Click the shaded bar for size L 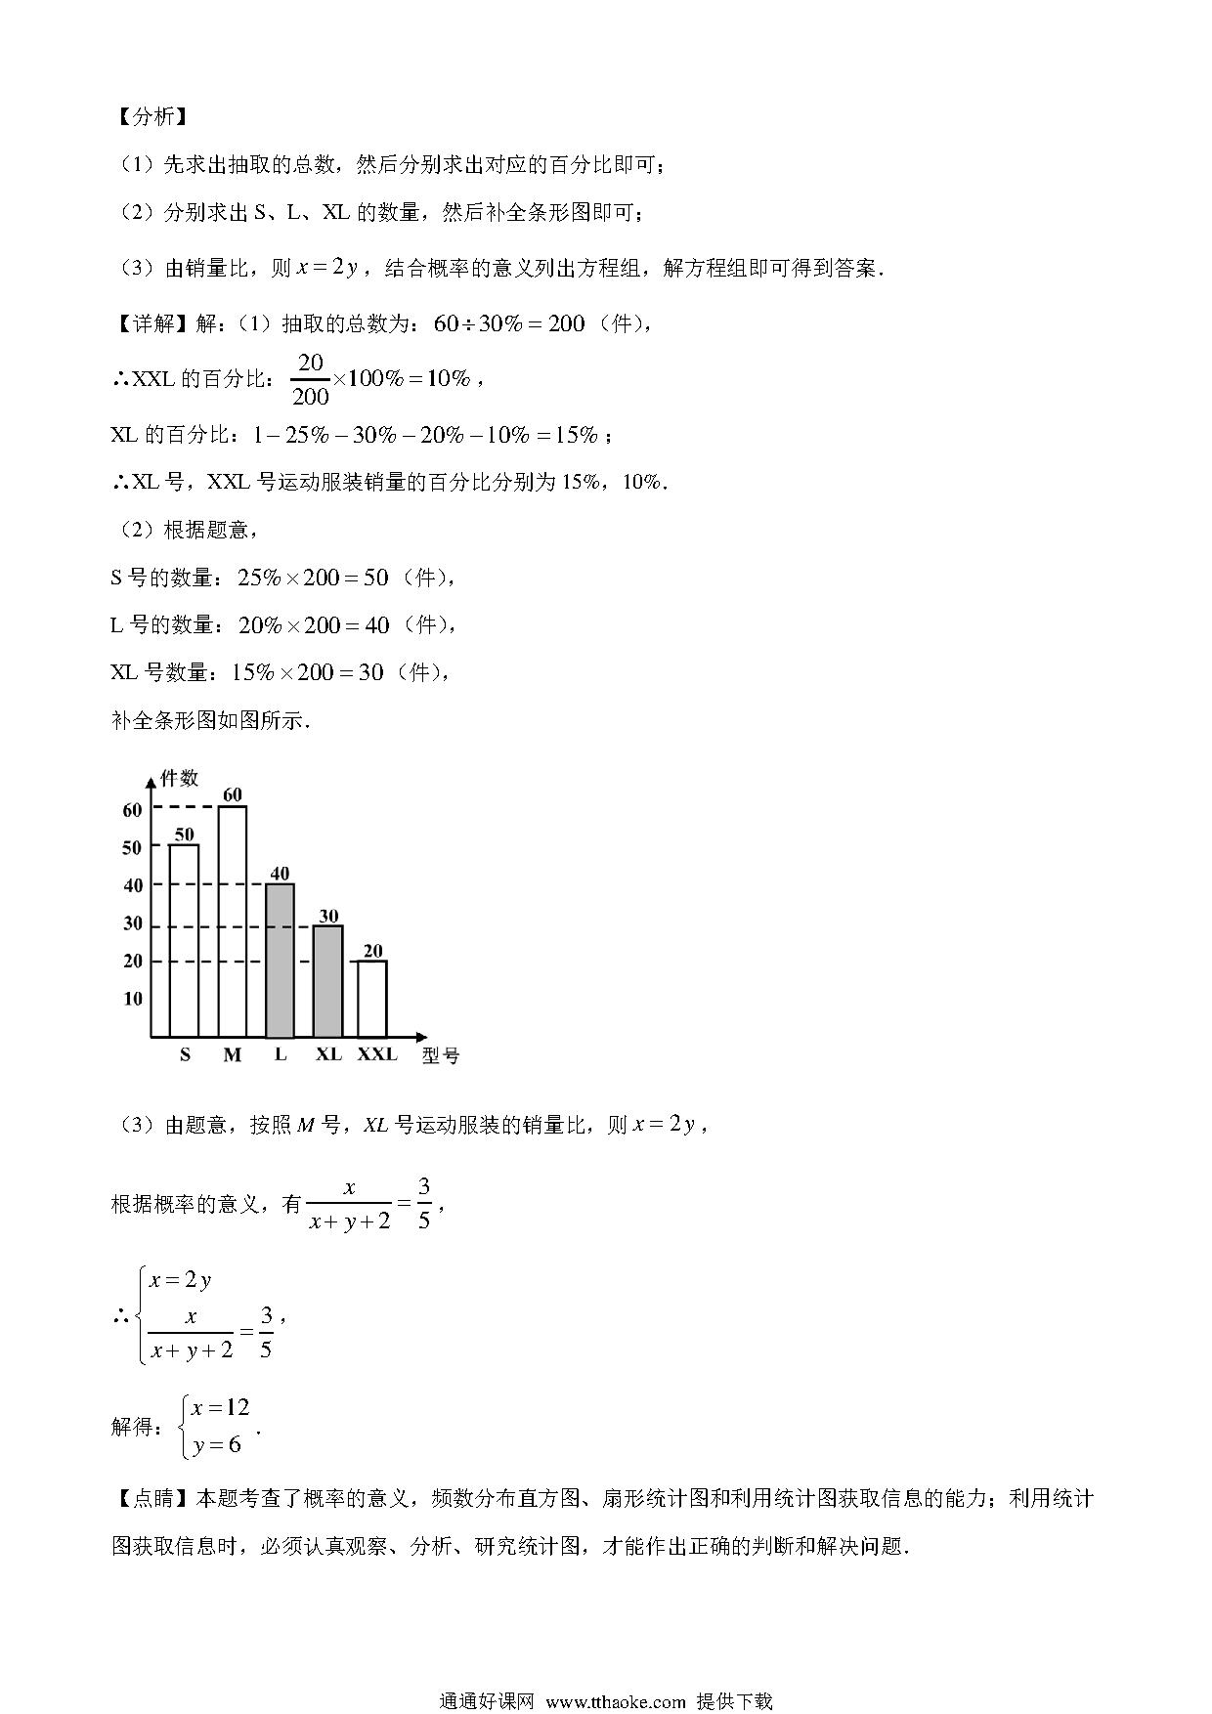[x=280, y=961]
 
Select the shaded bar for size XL [x=327, y=980]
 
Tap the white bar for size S [x=184, y=940]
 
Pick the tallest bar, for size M [x=232, y=921]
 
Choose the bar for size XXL [x=371, y=999]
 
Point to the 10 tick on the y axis [x=132, y=999]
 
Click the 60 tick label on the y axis [x=132, y=809]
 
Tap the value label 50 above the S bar [x=184, y=834]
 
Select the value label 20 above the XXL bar [x=372, y=951]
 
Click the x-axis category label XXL [x=377, y=1054]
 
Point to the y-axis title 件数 [x=179, y=778]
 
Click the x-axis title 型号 [x=440, y=1056]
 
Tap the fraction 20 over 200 [x=310, y=379]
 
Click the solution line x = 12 [x=221, y=1407]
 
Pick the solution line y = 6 [x=217, y=1444]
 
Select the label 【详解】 [x=152, y=323]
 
